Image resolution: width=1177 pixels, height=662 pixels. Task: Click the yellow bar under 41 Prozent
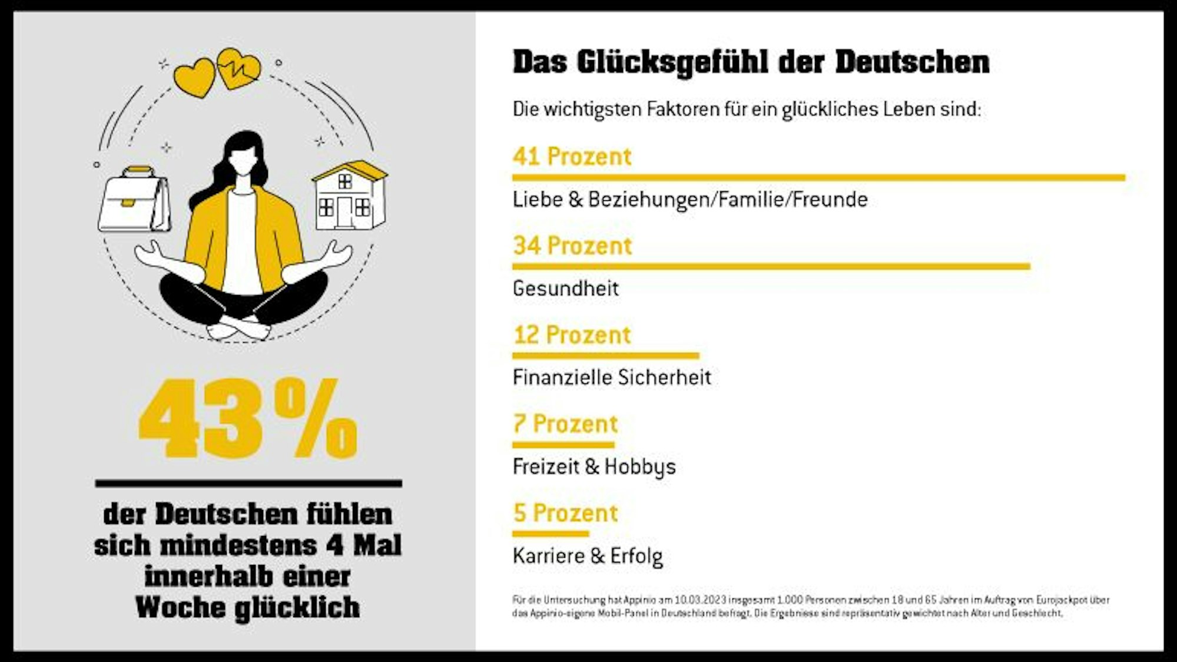coord(818,177)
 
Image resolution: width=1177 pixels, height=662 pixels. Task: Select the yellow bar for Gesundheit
coord(771,267)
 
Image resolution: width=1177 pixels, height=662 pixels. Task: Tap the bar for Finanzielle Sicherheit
coord(605,356)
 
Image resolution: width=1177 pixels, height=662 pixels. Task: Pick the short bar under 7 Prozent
coord(563,445)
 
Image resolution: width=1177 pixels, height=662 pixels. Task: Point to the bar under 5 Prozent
coord(550,534)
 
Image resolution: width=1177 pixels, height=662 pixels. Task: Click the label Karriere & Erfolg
coord(588,556)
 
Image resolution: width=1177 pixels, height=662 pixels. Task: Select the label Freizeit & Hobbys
coord(594,467)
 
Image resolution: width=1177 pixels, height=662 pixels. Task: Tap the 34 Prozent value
coord(572,246)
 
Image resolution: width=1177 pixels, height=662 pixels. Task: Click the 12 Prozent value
coord(572,335)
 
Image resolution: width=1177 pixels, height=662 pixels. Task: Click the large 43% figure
coord(248,419)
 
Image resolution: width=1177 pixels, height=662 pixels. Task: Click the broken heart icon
coord(239,68)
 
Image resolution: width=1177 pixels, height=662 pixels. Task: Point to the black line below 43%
coord(248,484)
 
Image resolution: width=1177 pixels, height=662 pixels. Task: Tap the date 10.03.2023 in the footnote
coord(700,600)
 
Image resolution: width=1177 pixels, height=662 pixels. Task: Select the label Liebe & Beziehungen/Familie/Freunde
coord(690,200)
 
